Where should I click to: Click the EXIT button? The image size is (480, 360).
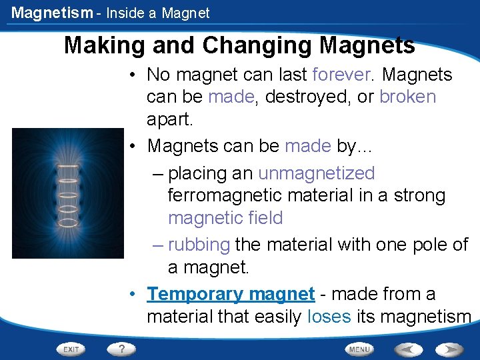click(71, 349)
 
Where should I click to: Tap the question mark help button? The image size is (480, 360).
click(121, 348)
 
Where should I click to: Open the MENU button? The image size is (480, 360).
click(359, 349)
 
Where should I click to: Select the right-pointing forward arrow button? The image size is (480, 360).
click(451, 349)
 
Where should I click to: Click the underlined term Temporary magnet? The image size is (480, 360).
click(231, 294)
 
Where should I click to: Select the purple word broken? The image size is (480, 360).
click(407, 97)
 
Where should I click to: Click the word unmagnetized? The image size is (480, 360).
click(316, 173)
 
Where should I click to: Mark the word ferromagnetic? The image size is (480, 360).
click(227, 196)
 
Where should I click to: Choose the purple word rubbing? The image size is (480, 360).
click(199, 245)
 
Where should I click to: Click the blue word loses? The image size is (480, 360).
click(329, 317)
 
